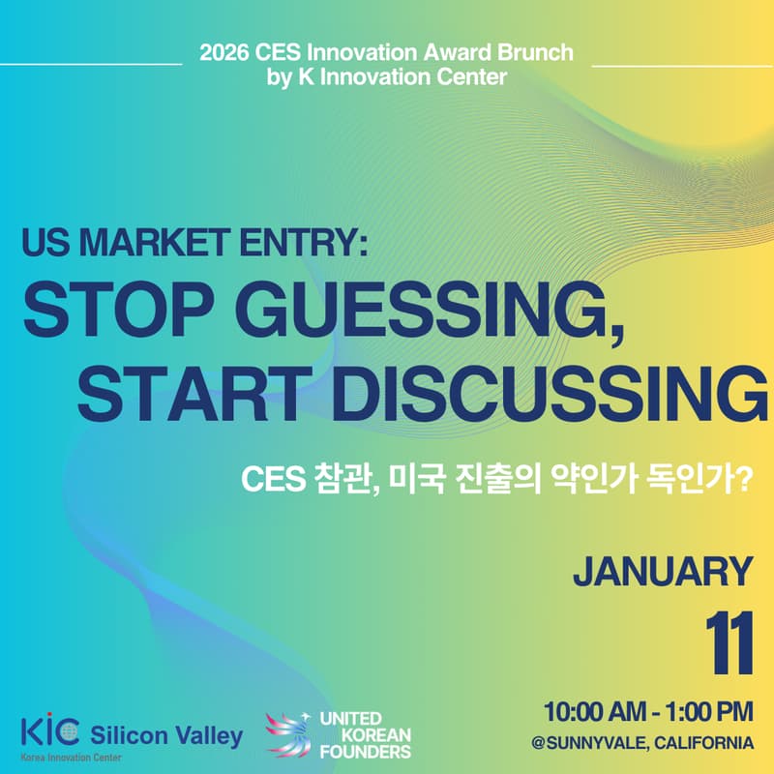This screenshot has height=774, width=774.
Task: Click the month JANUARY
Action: pos(662,572)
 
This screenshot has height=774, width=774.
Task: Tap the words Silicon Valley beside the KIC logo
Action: pos(166,735)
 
